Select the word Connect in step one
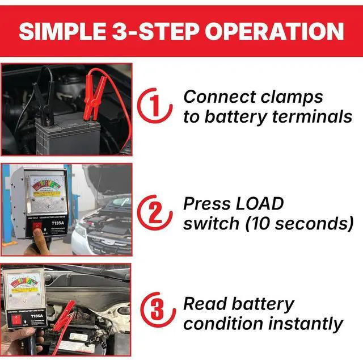[216, 97]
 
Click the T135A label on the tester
[57, 223]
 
